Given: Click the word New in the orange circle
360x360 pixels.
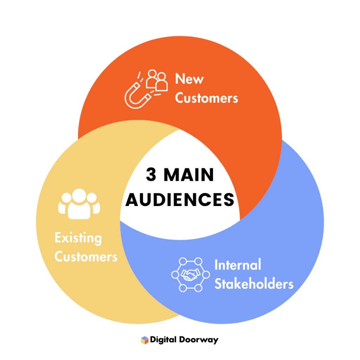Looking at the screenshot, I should [x=189, y=79].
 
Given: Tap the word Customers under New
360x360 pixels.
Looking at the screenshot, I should [x=206, y=98].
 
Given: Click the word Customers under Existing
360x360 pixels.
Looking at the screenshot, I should [x=86, y=257].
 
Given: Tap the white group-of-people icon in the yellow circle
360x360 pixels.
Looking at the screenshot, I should [x=79, y=204].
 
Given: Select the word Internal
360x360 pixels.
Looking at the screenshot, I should [x=238, y=265].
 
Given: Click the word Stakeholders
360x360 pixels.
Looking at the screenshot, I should [x=254, y=284].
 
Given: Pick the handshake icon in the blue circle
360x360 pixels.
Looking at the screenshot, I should [x=190, y=275].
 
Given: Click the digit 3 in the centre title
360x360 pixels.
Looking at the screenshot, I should [x=151, y=175].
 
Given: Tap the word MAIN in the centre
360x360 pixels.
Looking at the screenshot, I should [x=189, y=175].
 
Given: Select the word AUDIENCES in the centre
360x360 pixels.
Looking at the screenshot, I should [x=180, y=200].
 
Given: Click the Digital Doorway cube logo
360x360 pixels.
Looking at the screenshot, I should [x=144, y=340].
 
